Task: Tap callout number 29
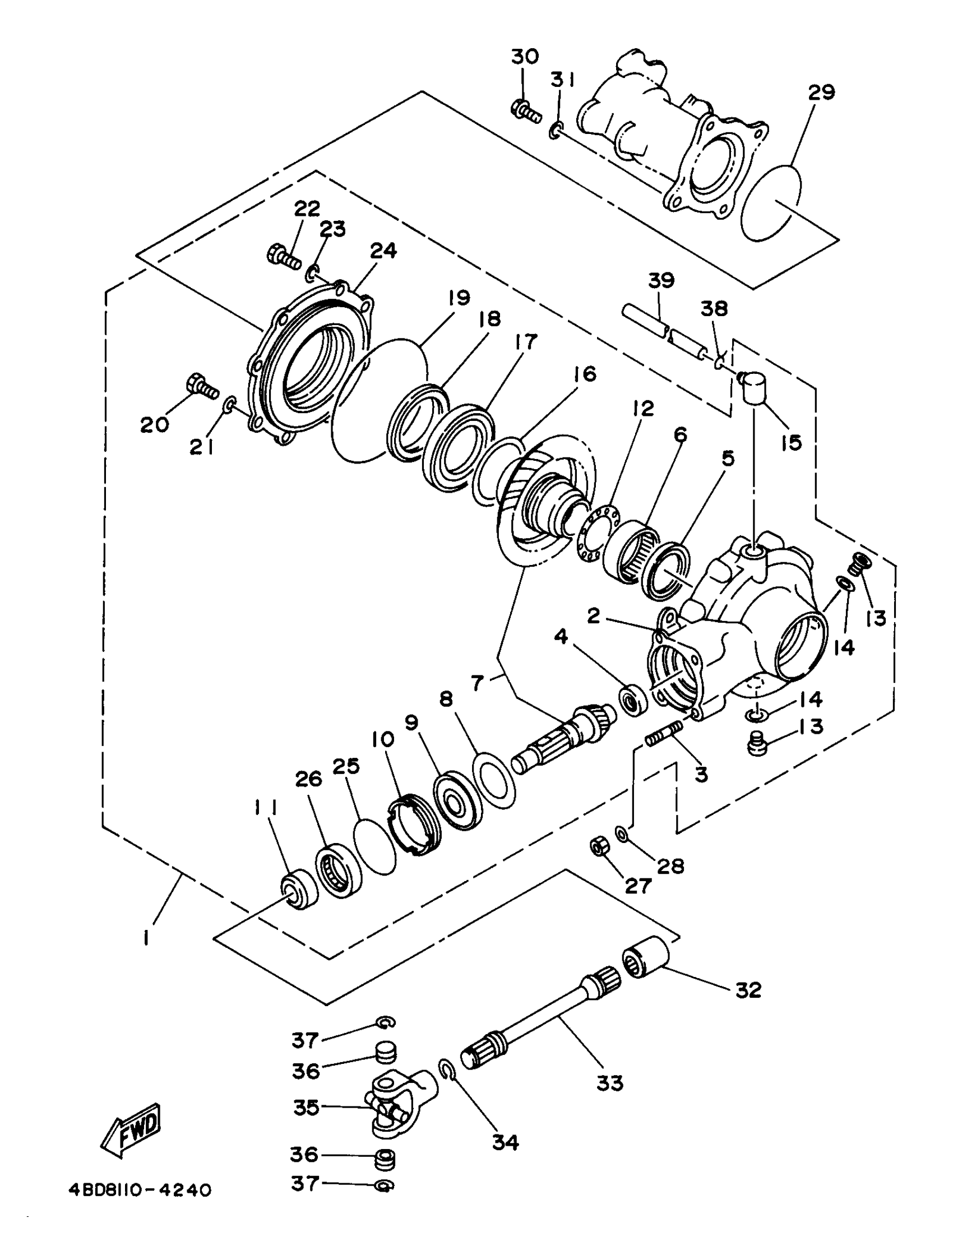(821, 92)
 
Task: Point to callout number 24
(383, 251)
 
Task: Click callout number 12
(642, 408)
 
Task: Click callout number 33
(610, 1082)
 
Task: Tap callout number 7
(478, 683)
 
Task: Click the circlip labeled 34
(447, 1070)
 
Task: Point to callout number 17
(526, 342)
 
